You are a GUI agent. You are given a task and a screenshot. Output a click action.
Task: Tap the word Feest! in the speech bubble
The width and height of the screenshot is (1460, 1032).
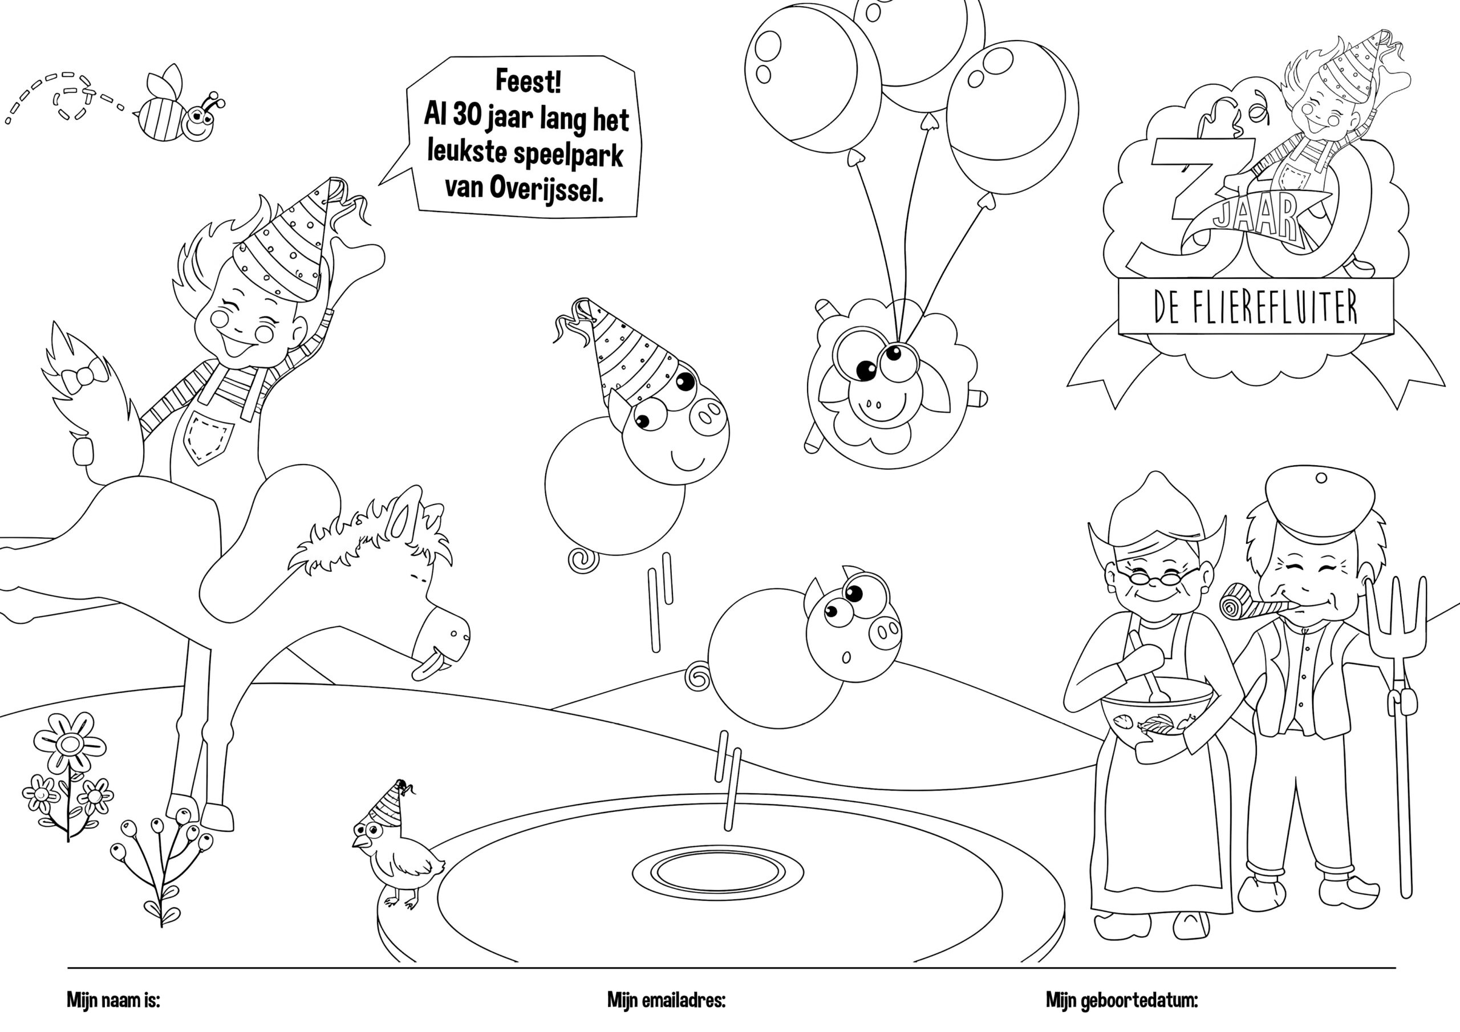528,82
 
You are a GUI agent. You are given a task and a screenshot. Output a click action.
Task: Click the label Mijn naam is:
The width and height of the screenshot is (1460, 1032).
113,1000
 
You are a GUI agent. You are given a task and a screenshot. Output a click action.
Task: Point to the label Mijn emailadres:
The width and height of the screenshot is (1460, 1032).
667,1000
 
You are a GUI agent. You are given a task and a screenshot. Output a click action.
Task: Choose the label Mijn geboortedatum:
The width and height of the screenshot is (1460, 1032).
1122,1001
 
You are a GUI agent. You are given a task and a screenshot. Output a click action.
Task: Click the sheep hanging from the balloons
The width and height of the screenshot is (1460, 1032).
894,381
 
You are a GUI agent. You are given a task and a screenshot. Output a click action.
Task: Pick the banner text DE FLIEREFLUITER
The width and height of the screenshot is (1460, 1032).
1255,308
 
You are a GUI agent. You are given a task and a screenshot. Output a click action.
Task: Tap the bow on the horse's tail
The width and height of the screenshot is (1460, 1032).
79,375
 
